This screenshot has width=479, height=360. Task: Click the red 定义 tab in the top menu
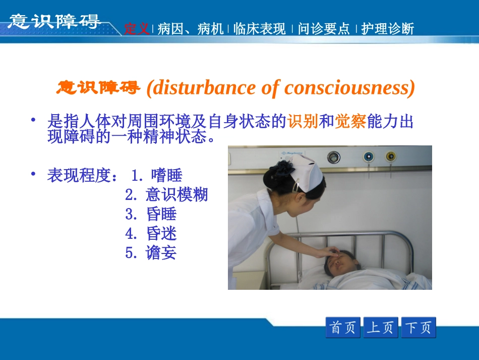137,29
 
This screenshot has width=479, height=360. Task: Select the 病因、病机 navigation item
191,29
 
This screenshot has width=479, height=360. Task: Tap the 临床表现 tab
260,29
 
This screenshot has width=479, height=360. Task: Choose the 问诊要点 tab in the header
324,29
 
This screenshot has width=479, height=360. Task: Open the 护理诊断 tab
388,29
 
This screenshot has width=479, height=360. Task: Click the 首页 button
343,328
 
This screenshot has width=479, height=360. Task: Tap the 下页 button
418,328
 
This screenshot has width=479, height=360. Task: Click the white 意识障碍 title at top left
54,21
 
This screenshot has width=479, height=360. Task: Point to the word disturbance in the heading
207,88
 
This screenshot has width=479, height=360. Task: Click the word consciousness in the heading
349,88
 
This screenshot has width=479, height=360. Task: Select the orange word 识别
303,122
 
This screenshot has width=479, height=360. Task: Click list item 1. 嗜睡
157,176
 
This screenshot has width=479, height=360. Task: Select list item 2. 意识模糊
166,195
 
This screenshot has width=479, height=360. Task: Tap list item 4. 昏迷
151,233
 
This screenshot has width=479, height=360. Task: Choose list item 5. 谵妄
151,252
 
